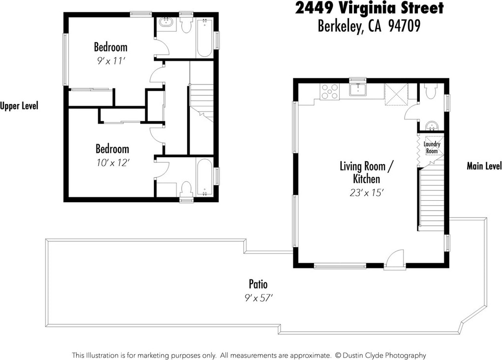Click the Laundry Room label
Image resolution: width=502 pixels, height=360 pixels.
(432, 148)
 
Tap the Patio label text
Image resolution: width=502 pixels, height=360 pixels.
(258, 284)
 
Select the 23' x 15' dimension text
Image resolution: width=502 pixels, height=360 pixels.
(367, 192)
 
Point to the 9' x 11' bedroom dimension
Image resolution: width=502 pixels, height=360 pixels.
(111, 61)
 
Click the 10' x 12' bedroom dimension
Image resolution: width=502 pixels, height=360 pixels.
(113, 163)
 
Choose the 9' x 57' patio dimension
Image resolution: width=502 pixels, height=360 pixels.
(259, 298)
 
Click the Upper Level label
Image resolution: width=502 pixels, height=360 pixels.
(19, 106)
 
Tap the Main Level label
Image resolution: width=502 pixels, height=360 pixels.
(484, 166)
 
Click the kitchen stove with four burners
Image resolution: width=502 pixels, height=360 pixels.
(329, 91)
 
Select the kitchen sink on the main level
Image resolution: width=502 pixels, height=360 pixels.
(358, 89)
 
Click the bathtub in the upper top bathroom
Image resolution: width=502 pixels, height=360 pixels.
(204, 39)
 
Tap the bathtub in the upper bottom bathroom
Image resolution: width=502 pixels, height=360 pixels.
(204, 178)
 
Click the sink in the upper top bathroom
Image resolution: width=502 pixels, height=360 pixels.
(166, 24)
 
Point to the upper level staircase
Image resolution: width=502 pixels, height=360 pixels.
(201, 103)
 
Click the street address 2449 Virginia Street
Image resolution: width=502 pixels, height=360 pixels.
(369, 8)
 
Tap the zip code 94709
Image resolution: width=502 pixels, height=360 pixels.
(404, 26)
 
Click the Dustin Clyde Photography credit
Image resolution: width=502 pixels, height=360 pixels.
(384, 355)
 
